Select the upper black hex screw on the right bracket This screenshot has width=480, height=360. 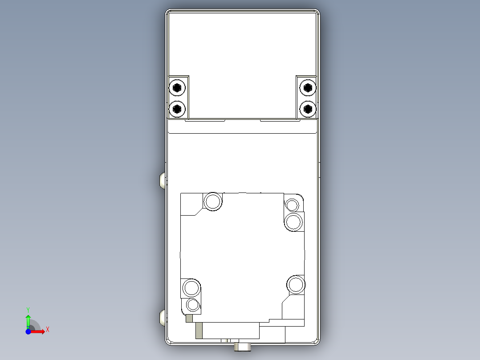307,87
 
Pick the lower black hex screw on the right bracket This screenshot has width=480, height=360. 307,108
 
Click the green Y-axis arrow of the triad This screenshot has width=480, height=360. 28,320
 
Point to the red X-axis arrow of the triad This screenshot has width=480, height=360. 39,331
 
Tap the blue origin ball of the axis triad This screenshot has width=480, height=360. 28,331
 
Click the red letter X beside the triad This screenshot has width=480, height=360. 47,330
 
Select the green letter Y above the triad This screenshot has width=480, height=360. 28,309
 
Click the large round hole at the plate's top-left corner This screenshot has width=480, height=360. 213,201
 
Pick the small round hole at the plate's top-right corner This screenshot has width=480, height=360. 292,205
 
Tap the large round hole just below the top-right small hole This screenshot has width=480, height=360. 294,221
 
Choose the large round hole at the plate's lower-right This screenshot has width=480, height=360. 295,284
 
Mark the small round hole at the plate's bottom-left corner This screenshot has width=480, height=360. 193,305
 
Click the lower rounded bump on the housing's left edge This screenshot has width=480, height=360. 163,318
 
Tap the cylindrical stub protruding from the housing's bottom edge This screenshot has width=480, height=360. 243,346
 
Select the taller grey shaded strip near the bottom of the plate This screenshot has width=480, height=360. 199,331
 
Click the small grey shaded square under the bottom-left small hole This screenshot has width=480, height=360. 189,318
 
